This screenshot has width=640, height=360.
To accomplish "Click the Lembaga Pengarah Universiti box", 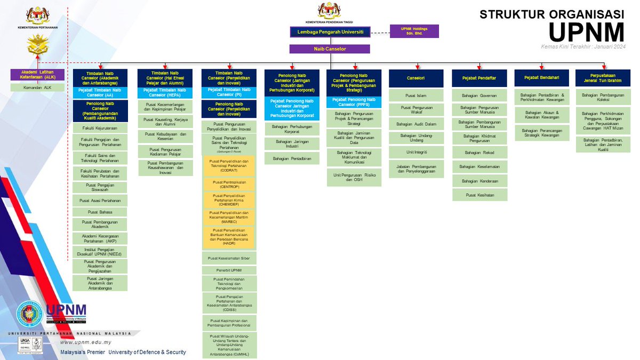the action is click(330, 32).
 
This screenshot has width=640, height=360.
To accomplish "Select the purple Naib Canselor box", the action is click(330, 49).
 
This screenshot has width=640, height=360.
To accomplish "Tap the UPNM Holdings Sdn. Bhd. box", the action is click(414, 31).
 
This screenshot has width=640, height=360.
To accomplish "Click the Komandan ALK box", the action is click(37, 87).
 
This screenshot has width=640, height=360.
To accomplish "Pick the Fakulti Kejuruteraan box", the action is click(100, 128).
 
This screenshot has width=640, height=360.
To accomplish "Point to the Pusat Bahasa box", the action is click(100, 212).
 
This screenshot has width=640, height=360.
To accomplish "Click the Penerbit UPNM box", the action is click(229, 270).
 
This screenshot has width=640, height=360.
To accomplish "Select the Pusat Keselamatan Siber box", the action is click(229, 258).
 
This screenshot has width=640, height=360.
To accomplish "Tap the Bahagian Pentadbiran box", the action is click(292, 158).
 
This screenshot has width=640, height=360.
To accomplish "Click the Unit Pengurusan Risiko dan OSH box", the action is click(354, 177).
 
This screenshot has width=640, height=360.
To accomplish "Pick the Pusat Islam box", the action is click(416, 95).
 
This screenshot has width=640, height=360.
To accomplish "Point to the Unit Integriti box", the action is click(416, 152).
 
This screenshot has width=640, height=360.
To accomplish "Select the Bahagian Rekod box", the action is click(479, 153).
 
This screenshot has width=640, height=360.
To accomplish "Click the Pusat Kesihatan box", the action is click(479, 195).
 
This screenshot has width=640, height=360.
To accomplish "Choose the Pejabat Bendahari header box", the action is click(542, 78).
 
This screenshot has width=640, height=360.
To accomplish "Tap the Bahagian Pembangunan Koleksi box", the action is click(603, 95).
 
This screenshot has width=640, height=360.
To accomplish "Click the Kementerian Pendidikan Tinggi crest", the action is click(329, 11).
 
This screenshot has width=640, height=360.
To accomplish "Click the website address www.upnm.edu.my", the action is click(86, 342).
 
